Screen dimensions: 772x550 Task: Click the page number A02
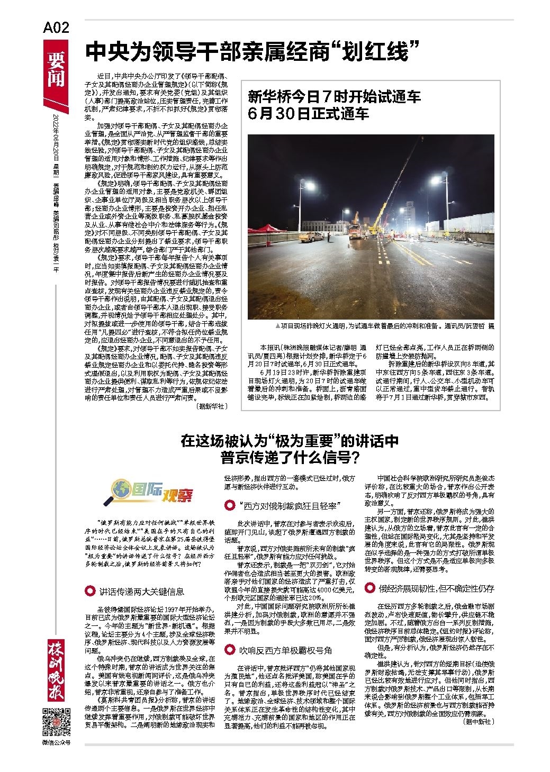click(x=56, y=28)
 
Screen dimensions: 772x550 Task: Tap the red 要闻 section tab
click(x=56, y=69)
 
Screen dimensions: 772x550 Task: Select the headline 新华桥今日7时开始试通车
click(x=335, y=97)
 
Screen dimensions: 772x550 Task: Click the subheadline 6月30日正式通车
click(x=308, y=113)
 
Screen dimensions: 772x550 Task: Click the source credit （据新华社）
click(x=212, y=406)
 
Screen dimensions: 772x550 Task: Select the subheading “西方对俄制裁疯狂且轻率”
click(x=288, y=505)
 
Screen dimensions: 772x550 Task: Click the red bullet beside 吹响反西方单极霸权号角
click(x=230, y=649)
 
